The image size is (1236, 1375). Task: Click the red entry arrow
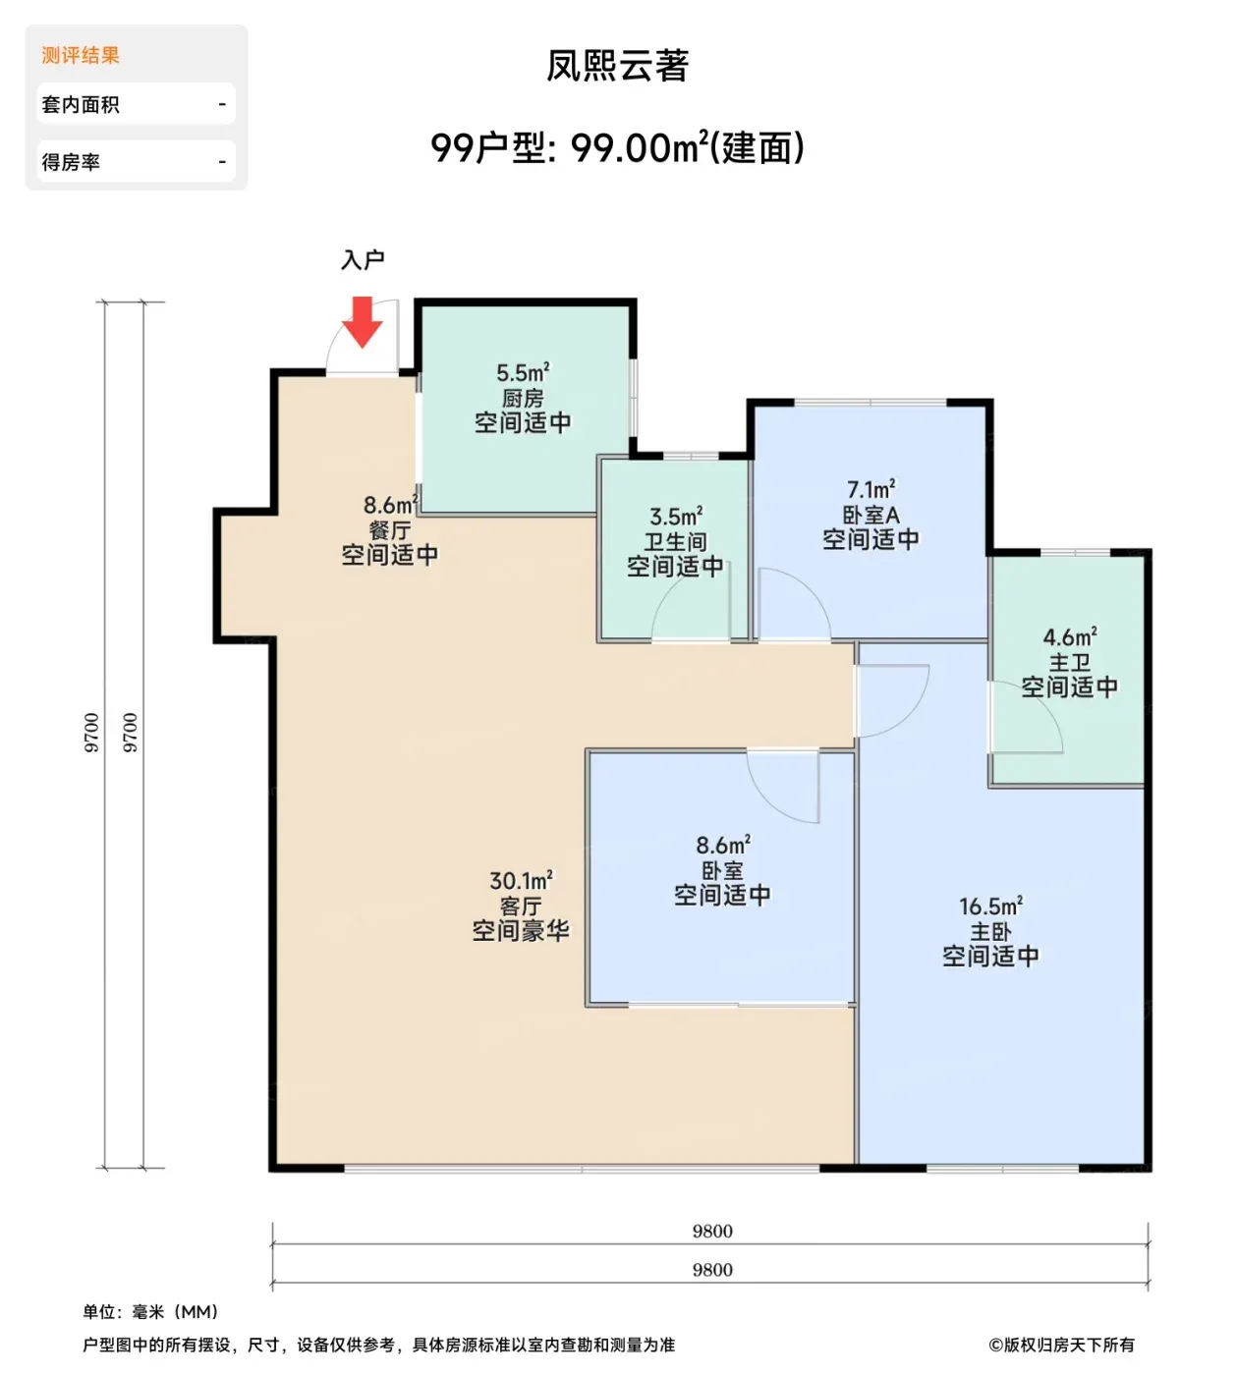click(x=362, y=322)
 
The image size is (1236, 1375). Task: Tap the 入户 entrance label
click(x=363, y=259)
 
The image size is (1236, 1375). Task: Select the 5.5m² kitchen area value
click(x=523, y=372)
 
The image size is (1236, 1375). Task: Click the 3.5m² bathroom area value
click(x=676, y=517)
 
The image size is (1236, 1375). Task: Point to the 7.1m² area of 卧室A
click(x=871, y=489)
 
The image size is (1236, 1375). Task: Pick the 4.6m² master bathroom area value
click(x=1070, y=636)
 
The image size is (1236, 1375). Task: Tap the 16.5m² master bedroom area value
click(x=990, y=906)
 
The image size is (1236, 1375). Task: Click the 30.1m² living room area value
click(x=521, y=880)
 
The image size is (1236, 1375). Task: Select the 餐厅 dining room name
click(x=390, y=530)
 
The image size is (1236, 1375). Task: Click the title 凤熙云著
click(x=617, y=66)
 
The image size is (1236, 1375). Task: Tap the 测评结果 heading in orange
click(x=81, y=55)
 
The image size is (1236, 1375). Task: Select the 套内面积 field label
click(x=81, y=104)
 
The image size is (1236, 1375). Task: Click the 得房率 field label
click(x=71, y=162)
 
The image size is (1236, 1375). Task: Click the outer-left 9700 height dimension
click(x=91, y=733)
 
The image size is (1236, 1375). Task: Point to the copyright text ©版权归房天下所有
click(x=1061, y=1345)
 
